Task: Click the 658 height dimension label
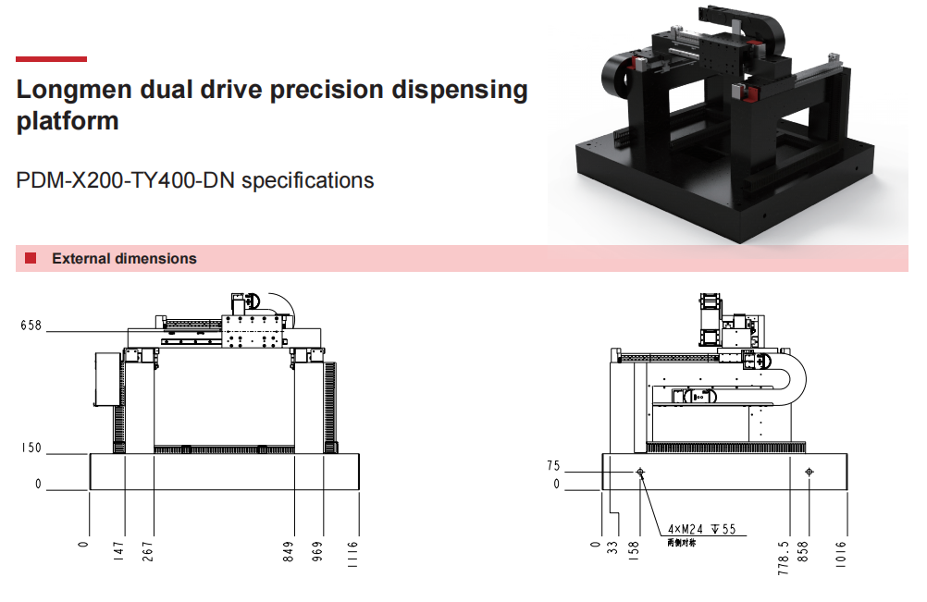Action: [31, 326]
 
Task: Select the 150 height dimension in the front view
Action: [31, 448]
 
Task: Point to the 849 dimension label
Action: [290, 552]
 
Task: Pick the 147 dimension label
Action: [119, 552]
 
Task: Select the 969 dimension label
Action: [319, 552]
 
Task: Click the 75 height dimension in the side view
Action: [553, 467]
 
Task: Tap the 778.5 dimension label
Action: [785, 558]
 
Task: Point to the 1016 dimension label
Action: [845, 552]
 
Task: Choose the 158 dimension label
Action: [637, 552]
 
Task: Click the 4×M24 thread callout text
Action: [701, 530]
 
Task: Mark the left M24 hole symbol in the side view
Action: [639, 473]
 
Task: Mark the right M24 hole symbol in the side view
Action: [810, 473]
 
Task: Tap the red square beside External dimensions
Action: [31, 258]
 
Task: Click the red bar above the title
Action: [52, 59]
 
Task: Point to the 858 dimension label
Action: [806, 552]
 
